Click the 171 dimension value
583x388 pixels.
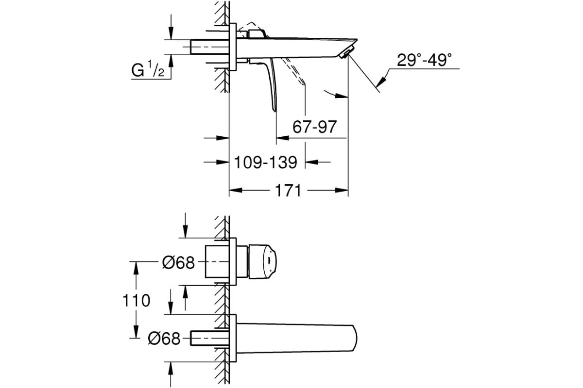pos(288,191)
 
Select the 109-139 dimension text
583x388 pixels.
pos(265,162)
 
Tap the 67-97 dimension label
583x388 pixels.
pos(315,127)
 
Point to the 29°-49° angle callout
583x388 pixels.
pos(424,60)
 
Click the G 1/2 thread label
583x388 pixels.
pos(148,69)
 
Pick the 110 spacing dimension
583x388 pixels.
pos(136,300)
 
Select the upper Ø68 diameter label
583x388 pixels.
pos(178,262)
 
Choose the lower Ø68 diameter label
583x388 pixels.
pos(164,339)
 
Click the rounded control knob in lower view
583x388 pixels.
pos(262,261)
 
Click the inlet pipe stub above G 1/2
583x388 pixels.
pos(210,47)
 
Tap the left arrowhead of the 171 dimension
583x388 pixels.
pos(236,191)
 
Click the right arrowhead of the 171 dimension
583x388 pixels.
pos(342,191)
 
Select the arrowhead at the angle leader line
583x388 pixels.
pos(380,81)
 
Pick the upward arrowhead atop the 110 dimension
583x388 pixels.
pos(136,268)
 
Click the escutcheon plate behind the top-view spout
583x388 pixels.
pos(233,47)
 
